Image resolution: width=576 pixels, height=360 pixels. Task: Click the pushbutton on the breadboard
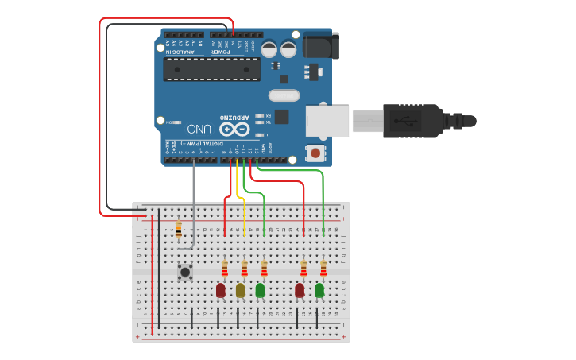185,272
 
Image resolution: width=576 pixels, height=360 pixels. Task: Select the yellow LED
240,291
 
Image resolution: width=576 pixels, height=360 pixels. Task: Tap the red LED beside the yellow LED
221,291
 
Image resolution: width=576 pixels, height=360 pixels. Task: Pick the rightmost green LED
319,291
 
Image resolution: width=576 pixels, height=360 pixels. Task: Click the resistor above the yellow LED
244,269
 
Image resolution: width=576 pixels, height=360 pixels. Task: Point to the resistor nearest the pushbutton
178,229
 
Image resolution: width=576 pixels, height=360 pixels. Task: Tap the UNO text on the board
199,129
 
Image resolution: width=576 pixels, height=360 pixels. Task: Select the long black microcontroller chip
211,69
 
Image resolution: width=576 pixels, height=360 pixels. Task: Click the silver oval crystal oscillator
284,96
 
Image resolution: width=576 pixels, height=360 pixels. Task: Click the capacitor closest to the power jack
288,49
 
